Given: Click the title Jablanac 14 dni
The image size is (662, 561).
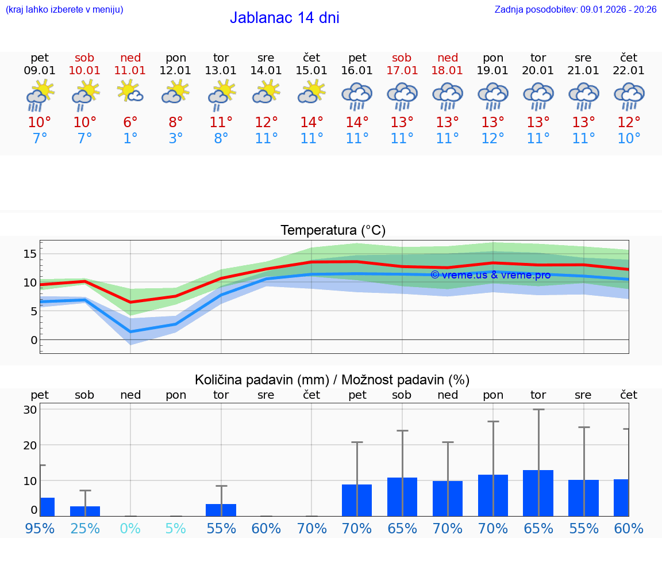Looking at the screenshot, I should (284, 18).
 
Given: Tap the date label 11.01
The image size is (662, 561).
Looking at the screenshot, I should (130, 70).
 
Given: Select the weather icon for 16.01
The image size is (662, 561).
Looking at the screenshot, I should (357, 96).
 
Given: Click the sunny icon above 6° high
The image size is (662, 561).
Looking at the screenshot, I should (130, 92).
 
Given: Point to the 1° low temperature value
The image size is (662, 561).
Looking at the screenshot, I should (130, 139).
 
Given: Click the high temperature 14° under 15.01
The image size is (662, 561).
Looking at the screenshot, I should (311, 123).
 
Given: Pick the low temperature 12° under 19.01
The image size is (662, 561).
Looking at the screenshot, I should (493, 139).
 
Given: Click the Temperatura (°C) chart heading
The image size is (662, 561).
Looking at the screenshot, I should (333, 231).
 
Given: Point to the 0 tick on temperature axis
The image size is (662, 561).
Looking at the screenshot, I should (34, 340).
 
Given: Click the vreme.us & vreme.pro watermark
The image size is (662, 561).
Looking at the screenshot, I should (490, 275).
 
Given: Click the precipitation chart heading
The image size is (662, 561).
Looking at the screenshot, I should (332, 380).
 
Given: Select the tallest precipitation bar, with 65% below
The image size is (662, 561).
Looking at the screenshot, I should (538, 493).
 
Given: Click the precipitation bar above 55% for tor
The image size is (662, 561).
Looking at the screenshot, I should (221, 510).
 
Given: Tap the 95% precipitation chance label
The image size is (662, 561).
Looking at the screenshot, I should (40, 528).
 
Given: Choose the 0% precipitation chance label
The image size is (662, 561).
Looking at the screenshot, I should (130, 528).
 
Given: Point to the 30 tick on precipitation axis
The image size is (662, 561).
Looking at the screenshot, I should (30, 410).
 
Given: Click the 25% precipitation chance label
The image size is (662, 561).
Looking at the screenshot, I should (85, 528).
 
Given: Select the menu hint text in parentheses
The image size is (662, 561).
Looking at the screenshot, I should (64, 9).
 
